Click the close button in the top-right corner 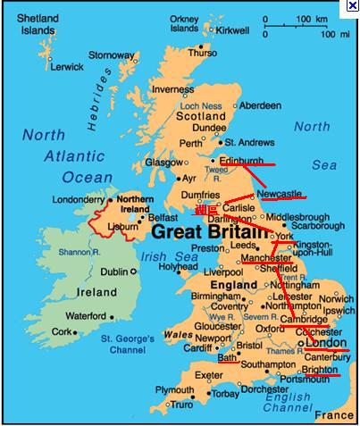pos(353,5)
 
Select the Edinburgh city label pos(241,161)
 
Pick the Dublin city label pos(113,272)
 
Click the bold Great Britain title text pos(210,232)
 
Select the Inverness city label pos(173,89)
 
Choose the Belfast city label pos(163,217)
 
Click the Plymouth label pos(175,390)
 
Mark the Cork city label pos(61,330)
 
